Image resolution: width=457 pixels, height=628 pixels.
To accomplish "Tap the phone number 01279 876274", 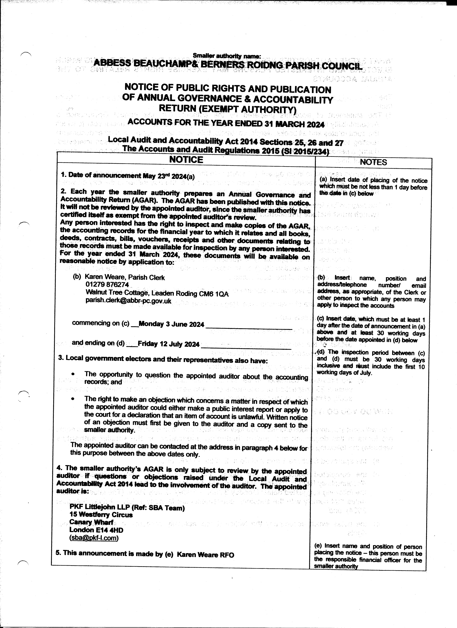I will [x=107, y=285].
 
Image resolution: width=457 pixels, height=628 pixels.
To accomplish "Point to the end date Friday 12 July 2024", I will [x=168, y=344].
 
